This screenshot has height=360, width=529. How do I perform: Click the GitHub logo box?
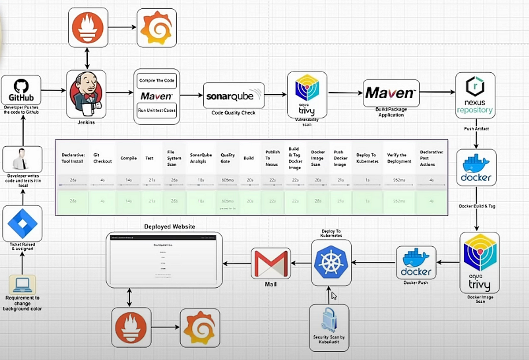21,90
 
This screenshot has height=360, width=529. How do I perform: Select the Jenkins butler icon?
86,93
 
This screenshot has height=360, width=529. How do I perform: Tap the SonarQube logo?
234,95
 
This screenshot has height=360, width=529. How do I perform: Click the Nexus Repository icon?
475,95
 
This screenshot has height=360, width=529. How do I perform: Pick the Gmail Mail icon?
271,264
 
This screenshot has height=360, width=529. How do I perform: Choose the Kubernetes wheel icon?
331,263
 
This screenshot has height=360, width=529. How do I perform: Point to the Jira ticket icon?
22,223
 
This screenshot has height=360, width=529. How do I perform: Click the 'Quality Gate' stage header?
228,158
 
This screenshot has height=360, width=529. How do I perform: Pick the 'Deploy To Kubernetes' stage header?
367,158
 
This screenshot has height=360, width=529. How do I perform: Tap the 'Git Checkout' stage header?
102,158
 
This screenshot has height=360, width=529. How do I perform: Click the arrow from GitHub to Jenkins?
53,91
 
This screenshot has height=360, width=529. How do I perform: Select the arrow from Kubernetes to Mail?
301,264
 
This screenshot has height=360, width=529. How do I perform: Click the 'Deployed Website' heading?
170,226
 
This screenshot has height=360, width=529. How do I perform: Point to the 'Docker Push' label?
416,282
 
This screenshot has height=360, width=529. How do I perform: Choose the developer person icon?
22,159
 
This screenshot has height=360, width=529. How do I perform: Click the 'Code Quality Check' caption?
233,113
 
